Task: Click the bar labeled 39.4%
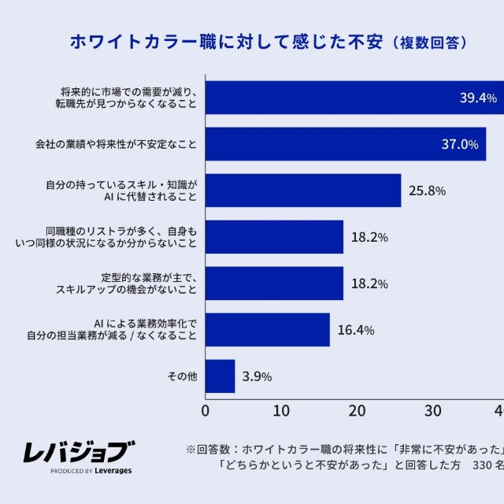click(x=354, y=98)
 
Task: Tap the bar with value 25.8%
click(x=303, y=191)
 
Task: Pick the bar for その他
click(x=220, y=376)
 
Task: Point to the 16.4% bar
click(x=268, y=329)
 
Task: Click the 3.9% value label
click(x=257, y=376)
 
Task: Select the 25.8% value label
click(x=428, y=191)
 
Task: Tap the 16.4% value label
click(x=356, y=330)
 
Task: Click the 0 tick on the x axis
click(x=206, y=411)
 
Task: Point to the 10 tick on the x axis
click(x=281, y=411)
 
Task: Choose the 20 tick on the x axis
click(x=357, y=411)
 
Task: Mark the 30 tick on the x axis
click(x=433, y=411)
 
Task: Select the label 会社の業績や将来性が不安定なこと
click(x=115, y=145)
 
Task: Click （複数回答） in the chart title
click(x=430, y=43)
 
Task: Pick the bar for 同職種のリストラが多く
click(x=275, y=237)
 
